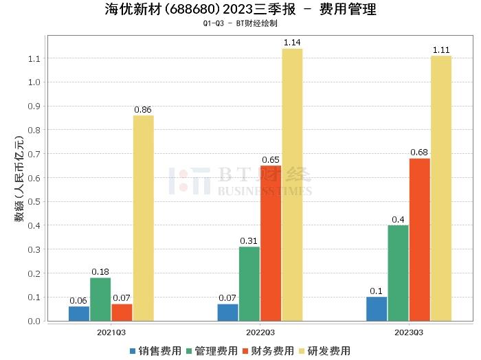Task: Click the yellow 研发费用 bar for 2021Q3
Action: tap(144, 218)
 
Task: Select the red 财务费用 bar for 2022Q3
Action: tap(271, 243)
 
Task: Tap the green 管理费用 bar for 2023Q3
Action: tap(398, 273)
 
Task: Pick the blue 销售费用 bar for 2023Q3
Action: tap(377, 308)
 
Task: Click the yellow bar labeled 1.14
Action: tap(292, 184)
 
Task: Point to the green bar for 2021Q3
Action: tap(100, 299)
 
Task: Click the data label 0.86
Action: tap(144, 109)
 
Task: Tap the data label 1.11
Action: tap(441, 50)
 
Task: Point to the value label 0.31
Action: tap(249, 240)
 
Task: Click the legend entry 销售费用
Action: tap(155, 350)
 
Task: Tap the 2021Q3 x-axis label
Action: tap(111, 332)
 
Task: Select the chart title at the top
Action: tap(240, 10)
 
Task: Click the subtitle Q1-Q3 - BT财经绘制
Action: tap(240, 23)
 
